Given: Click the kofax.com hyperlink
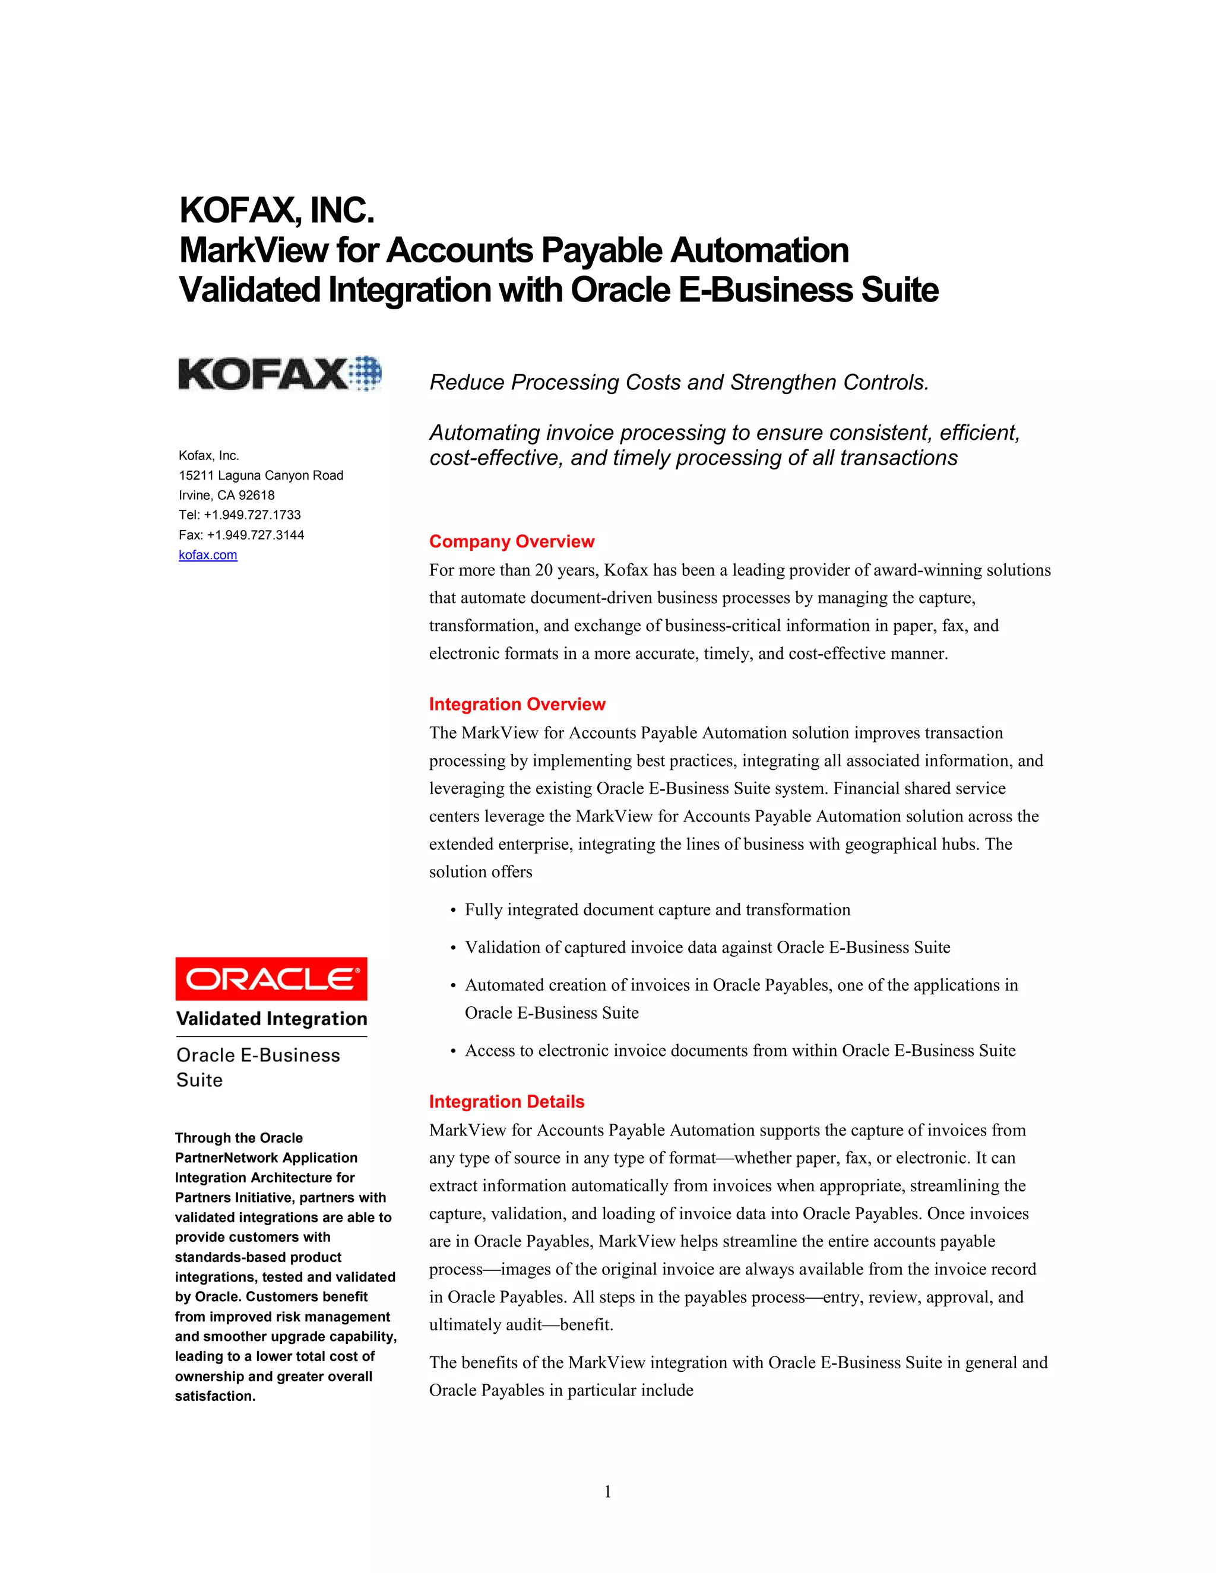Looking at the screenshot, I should tap(207, 554).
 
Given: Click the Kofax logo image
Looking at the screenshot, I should tap(280, 373).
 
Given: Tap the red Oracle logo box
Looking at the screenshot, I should tap(271, 979).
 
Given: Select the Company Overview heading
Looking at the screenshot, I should tap(511, 541).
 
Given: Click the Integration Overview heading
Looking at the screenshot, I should tap(517, 705).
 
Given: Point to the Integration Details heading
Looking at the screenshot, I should tap(506, 1101).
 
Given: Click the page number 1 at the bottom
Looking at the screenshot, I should tap(607, 1492).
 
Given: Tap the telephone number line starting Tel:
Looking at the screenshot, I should tap(239, 515).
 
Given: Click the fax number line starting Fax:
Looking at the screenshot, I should tap(240, 535).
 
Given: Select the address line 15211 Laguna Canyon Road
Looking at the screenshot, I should tap(261, 475).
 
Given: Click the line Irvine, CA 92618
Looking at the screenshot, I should tap(226, 496).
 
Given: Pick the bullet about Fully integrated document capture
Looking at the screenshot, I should tap(657, 909).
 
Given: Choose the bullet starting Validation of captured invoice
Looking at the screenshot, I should tap(707, 947).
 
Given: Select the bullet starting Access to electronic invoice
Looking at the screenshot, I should tap(740, 1051).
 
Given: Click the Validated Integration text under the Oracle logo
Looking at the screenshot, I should tap(271, 1019).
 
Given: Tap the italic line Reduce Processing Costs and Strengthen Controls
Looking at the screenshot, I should tap(679, 382).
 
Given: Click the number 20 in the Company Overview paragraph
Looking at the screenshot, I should tap(543, 570).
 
